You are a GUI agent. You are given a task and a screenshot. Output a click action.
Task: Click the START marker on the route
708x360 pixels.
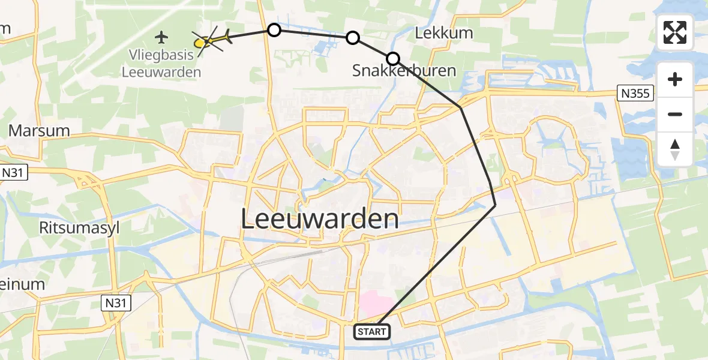(372, 331)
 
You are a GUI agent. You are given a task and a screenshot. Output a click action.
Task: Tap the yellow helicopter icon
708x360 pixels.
(213, 40)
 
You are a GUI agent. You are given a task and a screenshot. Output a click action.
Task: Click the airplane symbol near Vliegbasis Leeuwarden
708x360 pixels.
(161, 37)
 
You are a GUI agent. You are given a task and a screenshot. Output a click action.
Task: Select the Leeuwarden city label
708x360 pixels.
(320, 219)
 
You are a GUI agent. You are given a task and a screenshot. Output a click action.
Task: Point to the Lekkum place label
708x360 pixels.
(444, 33)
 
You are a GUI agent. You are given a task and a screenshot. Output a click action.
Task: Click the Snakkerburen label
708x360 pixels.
(404, 71)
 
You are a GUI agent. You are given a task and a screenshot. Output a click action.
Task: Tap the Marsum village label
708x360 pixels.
(38, 131)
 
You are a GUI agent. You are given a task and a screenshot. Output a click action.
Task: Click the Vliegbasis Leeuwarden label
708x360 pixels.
(161, 63)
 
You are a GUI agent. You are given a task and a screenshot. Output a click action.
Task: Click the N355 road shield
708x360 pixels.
(635, 92)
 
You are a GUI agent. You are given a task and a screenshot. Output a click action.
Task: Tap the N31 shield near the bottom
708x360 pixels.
(114, 301)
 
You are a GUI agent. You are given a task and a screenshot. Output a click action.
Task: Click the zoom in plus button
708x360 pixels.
(675, 79)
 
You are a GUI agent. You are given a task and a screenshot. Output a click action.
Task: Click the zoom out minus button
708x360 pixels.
(675, 114)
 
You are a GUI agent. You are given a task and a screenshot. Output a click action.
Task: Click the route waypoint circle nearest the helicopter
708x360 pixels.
(274, 30)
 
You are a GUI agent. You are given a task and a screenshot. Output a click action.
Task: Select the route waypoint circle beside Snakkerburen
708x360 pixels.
(392, 58)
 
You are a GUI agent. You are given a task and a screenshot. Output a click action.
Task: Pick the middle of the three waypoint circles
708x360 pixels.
(353, 38)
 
